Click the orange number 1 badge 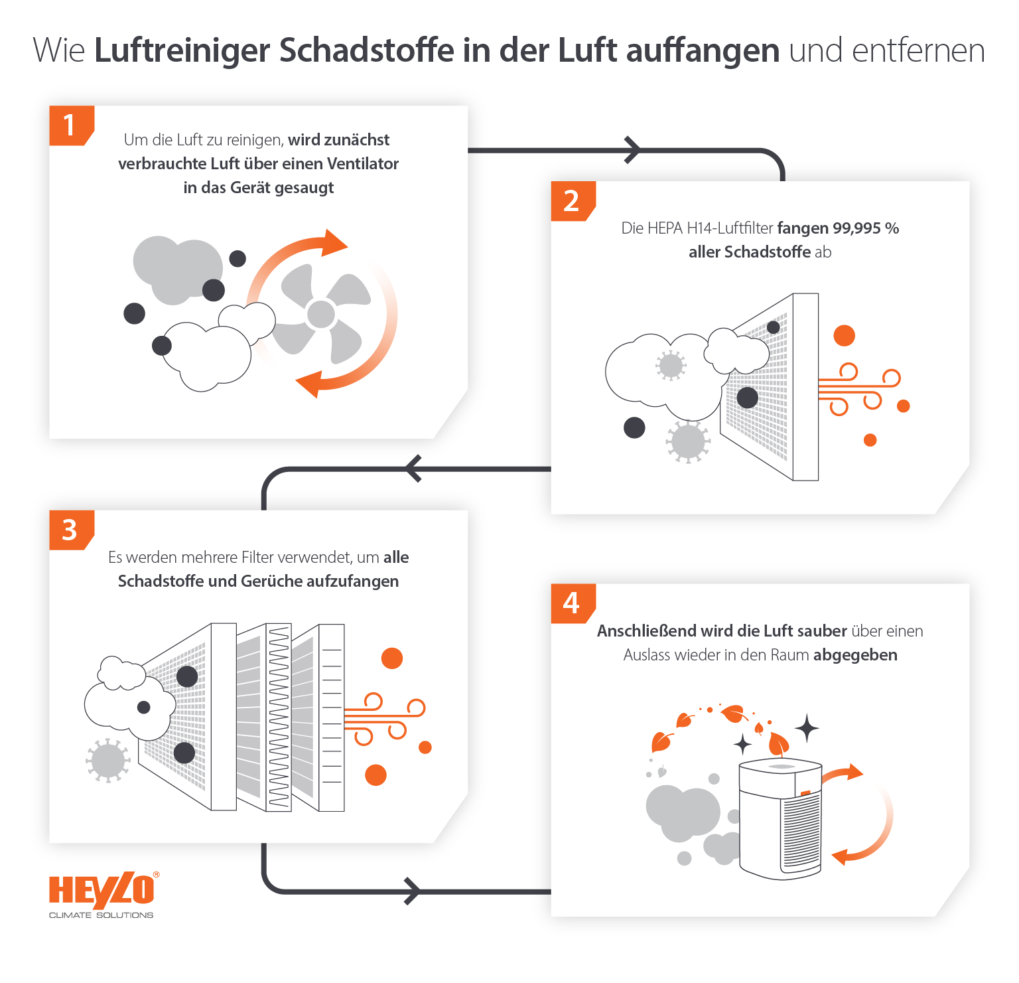coord(70,125)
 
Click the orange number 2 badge coord(572,200)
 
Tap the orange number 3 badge coord(70,530)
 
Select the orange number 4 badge coord(572,603)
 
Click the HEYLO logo coord(102,893)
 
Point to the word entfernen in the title coord(918,51)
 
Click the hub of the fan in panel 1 coord(321,314)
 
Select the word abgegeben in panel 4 coord(855,655)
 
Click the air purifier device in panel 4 coord(780,820)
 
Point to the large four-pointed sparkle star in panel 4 coord(807,728)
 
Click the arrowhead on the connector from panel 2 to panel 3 coord(413,469)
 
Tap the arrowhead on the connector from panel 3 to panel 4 coord(412,891)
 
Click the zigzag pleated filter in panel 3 coord(279,717)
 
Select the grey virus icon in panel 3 coord(107,760)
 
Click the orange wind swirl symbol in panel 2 coord(858,388)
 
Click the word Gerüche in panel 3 coord(267,581)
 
